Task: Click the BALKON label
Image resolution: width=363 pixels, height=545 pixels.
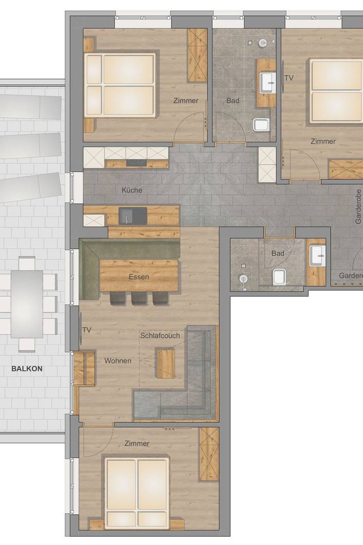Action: pyautogui.click(x=27, y=368)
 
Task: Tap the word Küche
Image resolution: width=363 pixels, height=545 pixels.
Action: pyautogui.click(x=132, y=190)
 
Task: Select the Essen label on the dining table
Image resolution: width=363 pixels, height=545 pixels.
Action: pyautogui.click(x=139, y=277)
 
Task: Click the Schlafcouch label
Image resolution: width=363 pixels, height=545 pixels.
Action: pyautogui.click(x=160, y=336)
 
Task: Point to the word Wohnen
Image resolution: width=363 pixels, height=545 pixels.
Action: pyautogui.click(x=118, y=361)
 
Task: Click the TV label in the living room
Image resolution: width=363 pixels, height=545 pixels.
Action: pyautogui.click(x=87, y=330)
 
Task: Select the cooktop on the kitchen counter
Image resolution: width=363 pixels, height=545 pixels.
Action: pyautogui.click(x=136, y=163)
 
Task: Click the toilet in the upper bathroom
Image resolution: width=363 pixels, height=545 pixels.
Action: pyautogui.click(x=261, y=124)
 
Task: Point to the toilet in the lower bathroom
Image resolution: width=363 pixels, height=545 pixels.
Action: pyautogui.click(x=279, y=277)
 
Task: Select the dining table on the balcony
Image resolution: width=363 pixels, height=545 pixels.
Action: pyautogui.click(x=27, y=303)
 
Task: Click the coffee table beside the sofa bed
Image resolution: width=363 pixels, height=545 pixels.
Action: pyautogui.click(x=166, y=363)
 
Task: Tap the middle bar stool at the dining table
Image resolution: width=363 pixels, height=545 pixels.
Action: pyautogui.click(x=139, y=298)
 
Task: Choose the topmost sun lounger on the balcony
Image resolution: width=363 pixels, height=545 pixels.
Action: pyautogui.click(x=31, y=106)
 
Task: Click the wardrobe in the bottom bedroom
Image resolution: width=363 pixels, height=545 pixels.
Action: pyautogui.click(x=209, y=454)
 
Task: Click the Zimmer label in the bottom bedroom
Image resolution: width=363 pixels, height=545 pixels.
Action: pyautogui.click(x=137, y=444)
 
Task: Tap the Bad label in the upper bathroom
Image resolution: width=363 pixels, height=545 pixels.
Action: pyautogui.click(x=233, y=101)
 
